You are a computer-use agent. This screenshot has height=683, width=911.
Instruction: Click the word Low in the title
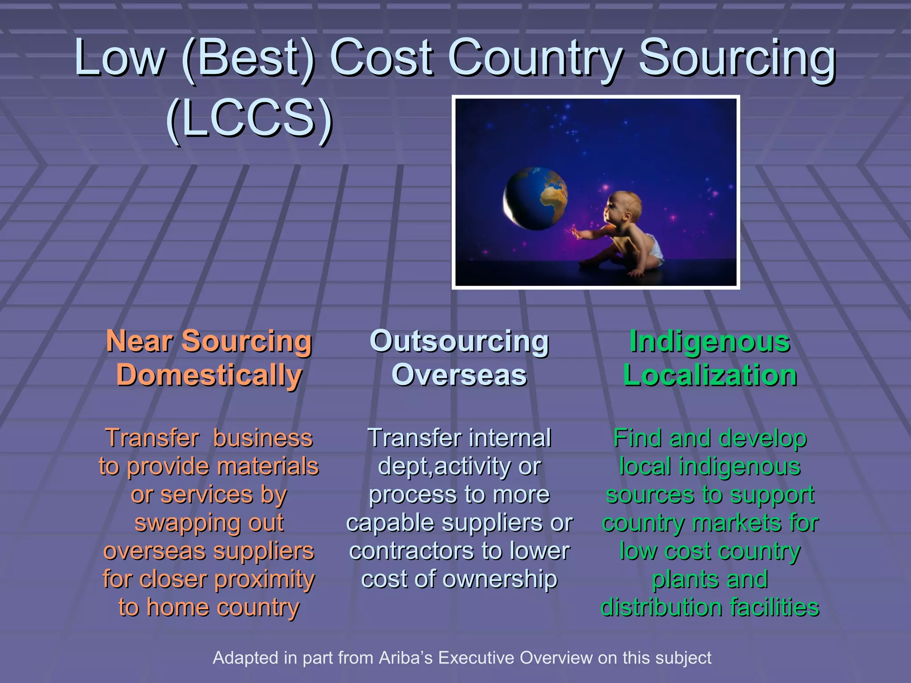pos(119,58)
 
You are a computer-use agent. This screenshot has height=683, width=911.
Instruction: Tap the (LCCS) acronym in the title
pos(249,118)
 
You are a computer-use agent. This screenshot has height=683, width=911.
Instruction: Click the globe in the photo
pos(536,198)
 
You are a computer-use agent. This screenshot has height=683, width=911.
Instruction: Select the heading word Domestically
pos(209,375)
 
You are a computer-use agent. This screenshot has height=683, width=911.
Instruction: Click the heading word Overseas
pos(459,375)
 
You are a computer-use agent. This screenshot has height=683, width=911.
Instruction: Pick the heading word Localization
pos(710,375)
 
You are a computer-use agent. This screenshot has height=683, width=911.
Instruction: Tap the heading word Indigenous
pos(710,341)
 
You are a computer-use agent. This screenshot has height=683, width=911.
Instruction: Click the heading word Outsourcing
pos(459,341)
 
